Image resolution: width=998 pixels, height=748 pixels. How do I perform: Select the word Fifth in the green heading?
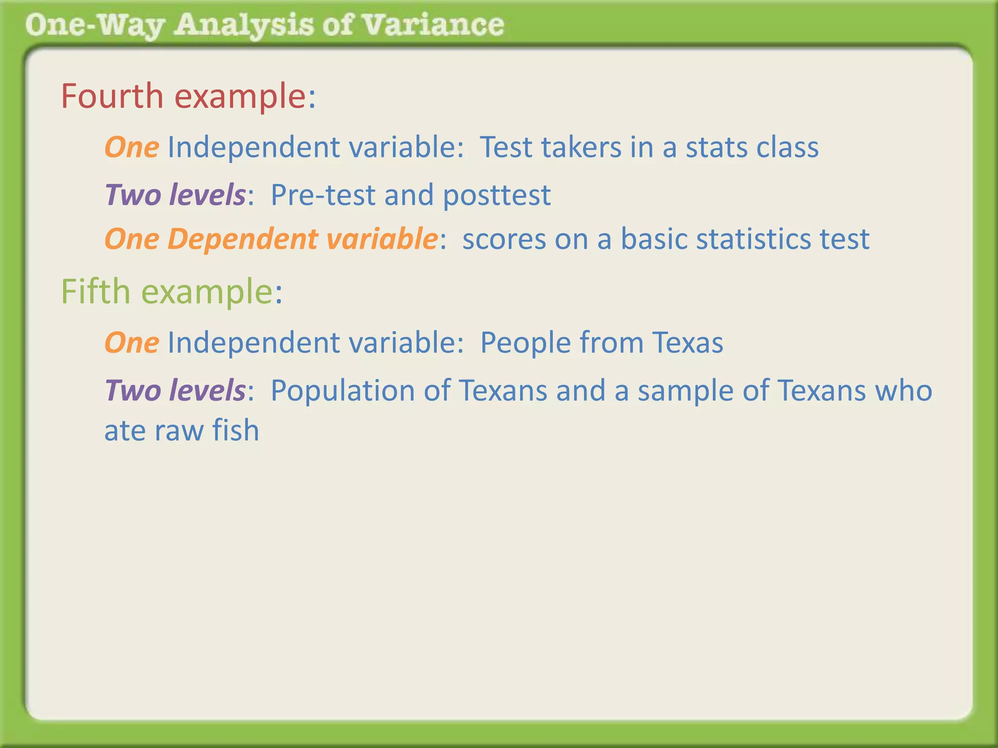pyautogui.click(x=96, y=292)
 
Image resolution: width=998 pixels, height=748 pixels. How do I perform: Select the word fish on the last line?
pyautogui.click(x=235, y=430)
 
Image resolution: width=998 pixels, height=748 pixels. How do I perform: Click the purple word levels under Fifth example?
pyautogui.click(x=207, y=391)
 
